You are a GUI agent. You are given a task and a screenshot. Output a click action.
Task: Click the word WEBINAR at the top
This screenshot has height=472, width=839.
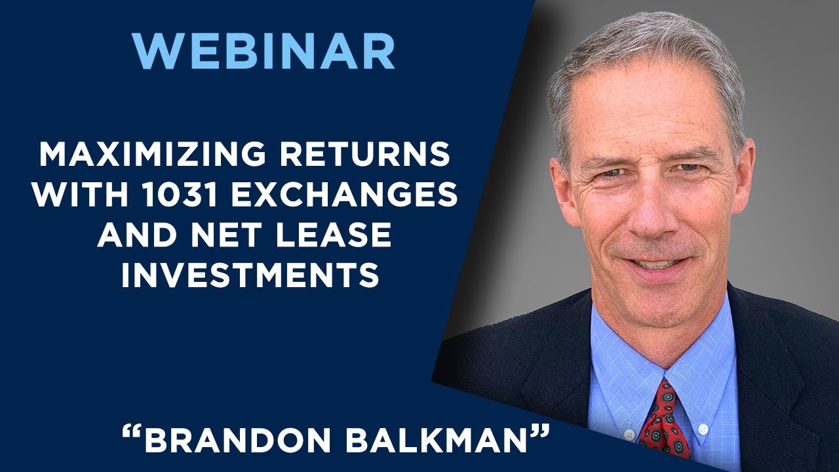(263, 50)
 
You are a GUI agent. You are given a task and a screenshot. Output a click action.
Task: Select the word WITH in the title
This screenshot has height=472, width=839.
(70, 195)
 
